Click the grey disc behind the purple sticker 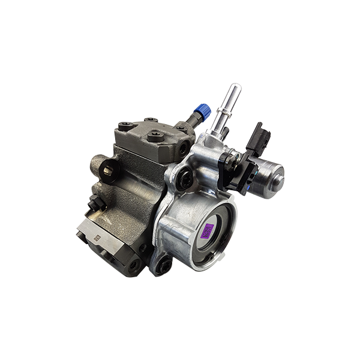(x=198, y=231)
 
